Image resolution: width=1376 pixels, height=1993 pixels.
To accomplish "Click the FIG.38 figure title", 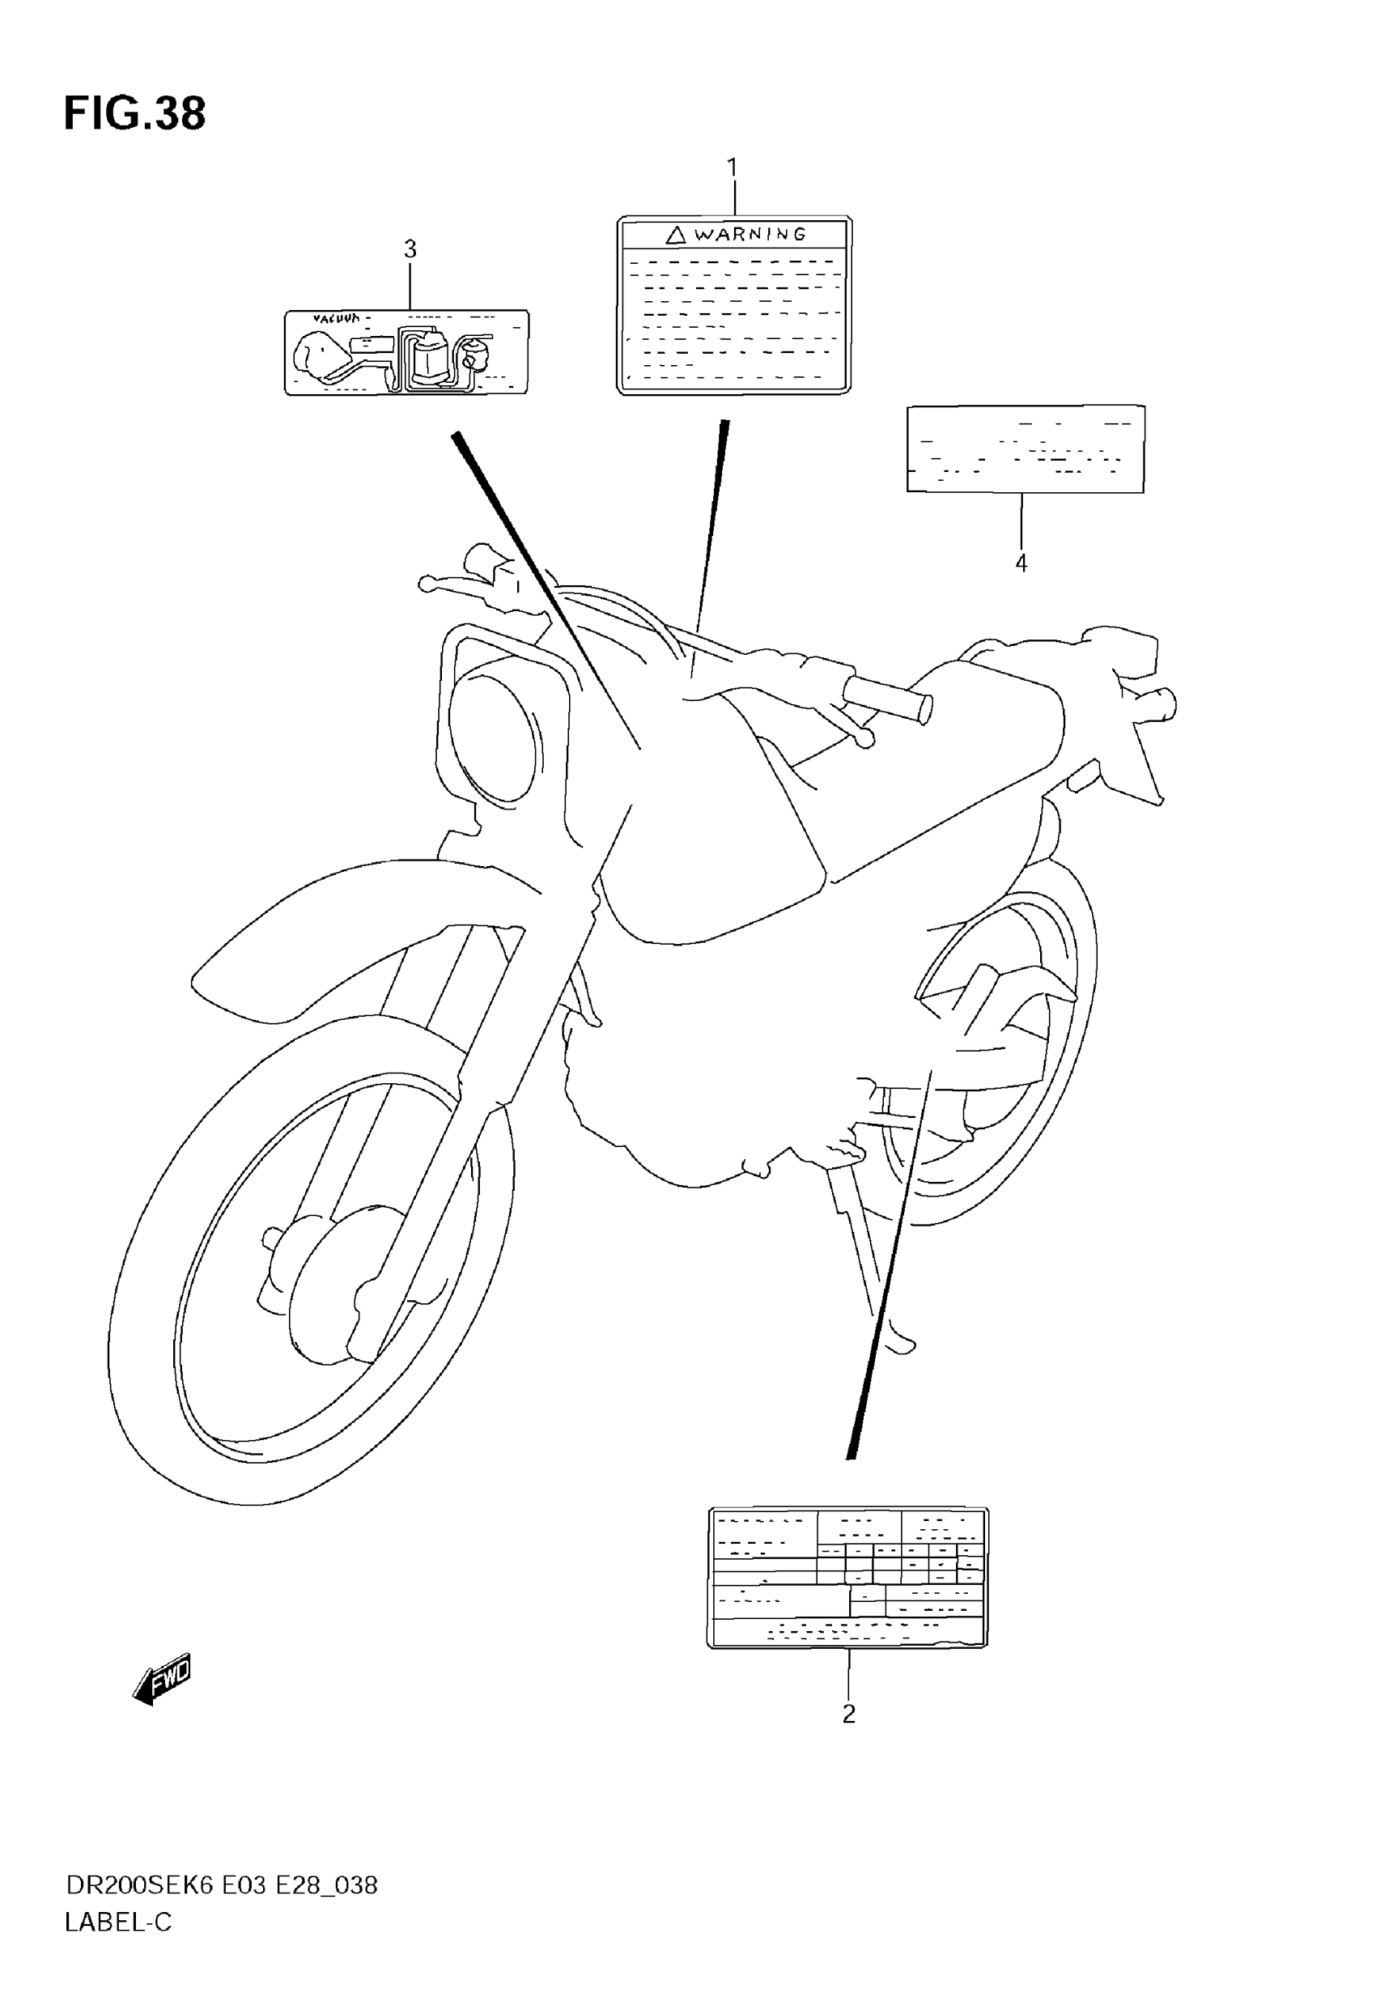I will pyautogui.click(x=134, y=114).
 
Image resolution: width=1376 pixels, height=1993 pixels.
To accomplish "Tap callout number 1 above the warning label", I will pyautogui.click(x=732, y=168).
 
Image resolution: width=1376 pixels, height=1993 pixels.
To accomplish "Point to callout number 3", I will pyautogui.click(x=410, y=249).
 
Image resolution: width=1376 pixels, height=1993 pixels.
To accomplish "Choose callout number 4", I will pyautogui.click(x=1021, y=563).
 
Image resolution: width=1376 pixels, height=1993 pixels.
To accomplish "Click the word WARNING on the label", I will pyautogui.click(x=750, y=234).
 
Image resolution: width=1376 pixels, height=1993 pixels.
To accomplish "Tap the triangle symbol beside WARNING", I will pyautogui.click(x=676, y=234).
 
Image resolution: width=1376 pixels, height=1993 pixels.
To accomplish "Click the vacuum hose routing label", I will pyautogui.click(x=406, y=353).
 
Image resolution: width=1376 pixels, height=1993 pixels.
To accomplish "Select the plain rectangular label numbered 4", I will pyautogui.click(x=1025, y=448).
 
